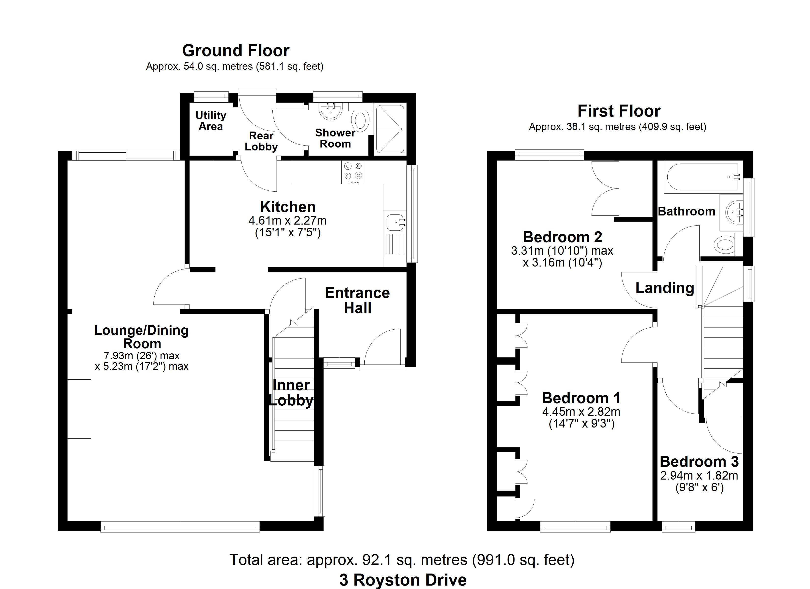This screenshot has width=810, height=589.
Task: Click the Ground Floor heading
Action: tap(236, 51)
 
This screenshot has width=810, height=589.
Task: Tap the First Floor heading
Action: tap(619, 111)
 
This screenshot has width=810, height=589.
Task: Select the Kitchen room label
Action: tap(288, 207)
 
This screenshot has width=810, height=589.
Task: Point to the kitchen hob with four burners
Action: tap(353, 173)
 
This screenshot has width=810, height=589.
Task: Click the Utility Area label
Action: tap(211, 121)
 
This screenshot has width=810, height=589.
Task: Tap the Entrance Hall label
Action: tap(357, 300)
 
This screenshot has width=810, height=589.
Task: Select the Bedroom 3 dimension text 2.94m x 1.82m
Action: tap(699, 475)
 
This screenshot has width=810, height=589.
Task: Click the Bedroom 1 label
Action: tap(581, 398)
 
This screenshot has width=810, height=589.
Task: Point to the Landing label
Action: tap(665, 288)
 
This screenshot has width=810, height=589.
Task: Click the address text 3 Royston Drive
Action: tap(403, 580)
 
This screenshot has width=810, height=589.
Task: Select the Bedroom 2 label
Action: tap(563, 237)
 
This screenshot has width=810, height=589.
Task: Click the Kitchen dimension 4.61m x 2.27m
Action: tap(287, 220)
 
